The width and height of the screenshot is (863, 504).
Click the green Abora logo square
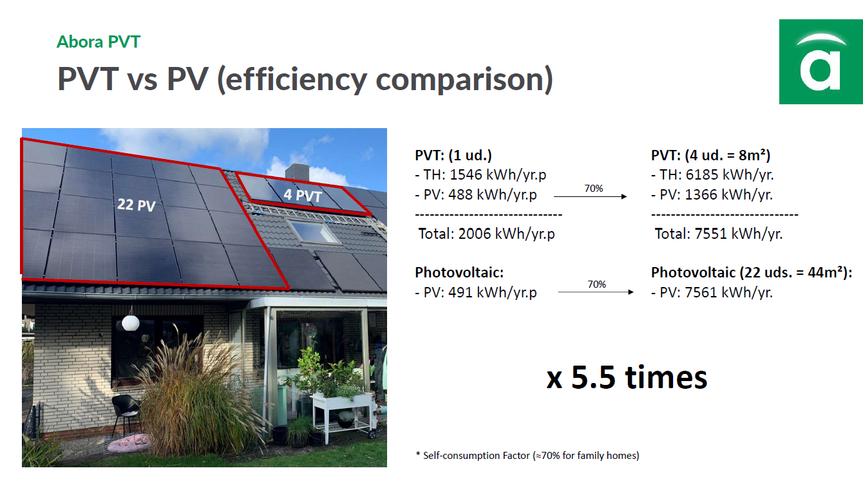[x=821, y=62]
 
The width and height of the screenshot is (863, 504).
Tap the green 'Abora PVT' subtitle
[x=99, y=42]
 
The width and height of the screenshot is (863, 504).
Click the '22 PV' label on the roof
[x=136, y=205]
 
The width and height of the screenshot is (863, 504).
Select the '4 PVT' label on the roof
[x=303, y=195]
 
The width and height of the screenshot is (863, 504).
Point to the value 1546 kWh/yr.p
[x=498, y=175]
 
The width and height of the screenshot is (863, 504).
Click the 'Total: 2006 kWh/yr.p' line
[x=487, y=234]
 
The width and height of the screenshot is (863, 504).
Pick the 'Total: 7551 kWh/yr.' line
[x=719, y=234]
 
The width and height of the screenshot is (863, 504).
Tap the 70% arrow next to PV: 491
[x=596, y=292]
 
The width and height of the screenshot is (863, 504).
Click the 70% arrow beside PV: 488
[x=590, y=196]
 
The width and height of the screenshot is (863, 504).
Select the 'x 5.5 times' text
[x=627, y=377]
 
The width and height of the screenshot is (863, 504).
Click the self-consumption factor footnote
[x=527, y=456]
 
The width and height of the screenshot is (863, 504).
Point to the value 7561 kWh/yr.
[x=725, y=293]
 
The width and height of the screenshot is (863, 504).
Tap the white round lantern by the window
[x=131, y=322]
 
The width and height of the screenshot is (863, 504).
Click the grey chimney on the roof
[x=297, y=172]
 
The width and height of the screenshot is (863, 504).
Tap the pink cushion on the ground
[x=129, y=443]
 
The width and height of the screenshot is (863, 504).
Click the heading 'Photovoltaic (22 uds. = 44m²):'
[x=752, y=272]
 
